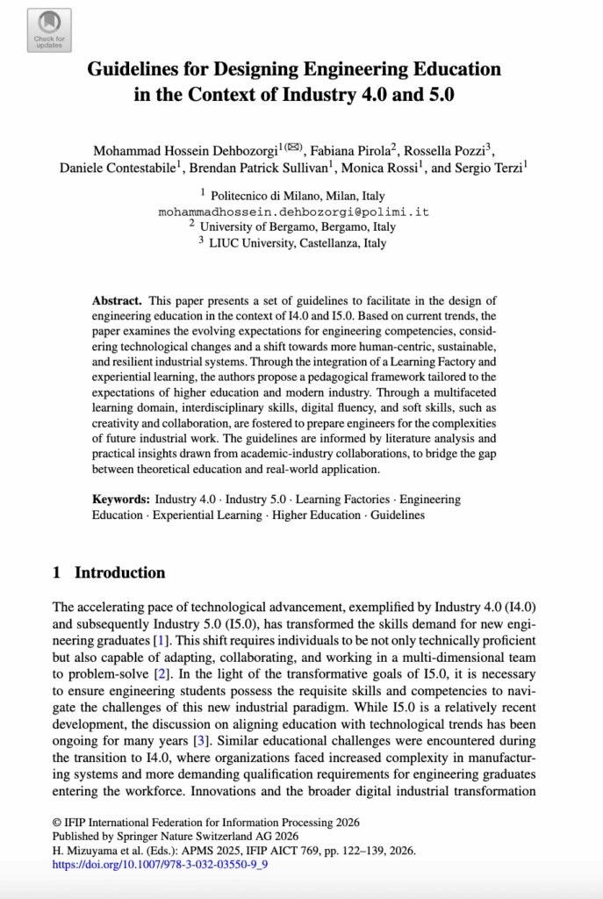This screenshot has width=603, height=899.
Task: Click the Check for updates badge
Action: click(x=49, y=31)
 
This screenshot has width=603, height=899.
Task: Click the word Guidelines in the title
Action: click(x=139, y=69)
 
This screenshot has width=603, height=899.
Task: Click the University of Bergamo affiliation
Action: click(x=298, y=227)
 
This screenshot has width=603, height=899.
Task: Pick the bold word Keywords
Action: click(x=121, y=500)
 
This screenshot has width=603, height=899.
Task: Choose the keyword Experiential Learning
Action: click(x=207, y=515)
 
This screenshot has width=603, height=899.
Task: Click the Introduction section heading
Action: click(x=119, y=573)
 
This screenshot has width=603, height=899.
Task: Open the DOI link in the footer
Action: click(x=160, y=864)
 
